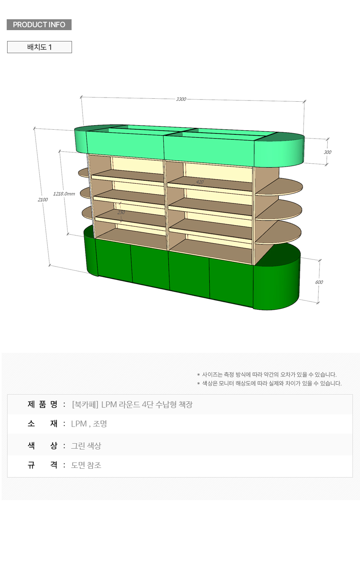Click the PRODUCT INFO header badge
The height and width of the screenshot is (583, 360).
pos(39,25)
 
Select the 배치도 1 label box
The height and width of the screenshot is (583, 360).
pos(40,47)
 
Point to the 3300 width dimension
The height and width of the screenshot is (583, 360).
pos(181,99)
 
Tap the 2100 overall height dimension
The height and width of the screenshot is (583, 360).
pos(43,200)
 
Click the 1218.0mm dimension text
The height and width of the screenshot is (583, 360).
pos(64,194)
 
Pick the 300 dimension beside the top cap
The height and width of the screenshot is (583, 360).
pos(327,152)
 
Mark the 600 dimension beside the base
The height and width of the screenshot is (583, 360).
pos(319,282)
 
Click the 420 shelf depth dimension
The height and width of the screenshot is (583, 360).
pos(200,182)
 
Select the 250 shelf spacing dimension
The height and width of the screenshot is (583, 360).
pos(121,212)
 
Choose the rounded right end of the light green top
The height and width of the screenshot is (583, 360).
pos(279,150)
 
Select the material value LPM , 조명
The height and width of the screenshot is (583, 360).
pos(89,424)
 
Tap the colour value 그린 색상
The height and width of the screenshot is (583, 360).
pos(86,446)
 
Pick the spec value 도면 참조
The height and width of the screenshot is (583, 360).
pos(86,465)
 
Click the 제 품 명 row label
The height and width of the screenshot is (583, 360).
pos(43,404)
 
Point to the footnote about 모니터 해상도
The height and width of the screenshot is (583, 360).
pos(270,383)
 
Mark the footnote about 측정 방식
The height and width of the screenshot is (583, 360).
pos(267,375)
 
